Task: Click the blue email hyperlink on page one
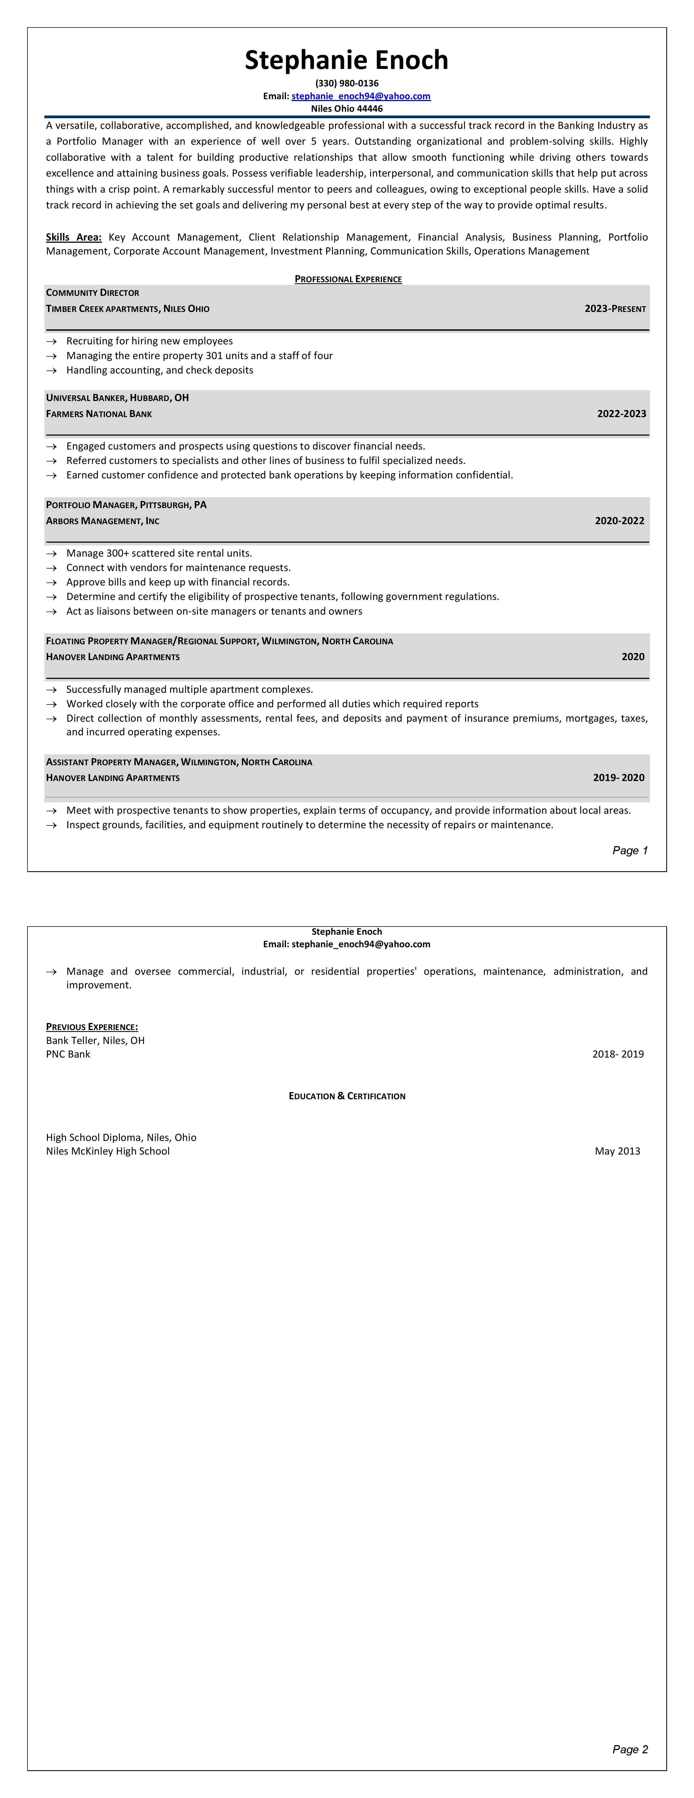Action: click(361, 96)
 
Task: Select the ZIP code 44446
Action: click(370, 109)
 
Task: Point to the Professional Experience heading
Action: click(348, 279)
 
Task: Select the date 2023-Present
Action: click(615, 308)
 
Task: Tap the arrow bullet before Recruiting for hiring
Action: click(52, 341)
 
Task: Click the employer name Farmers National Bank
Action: click(99, 414)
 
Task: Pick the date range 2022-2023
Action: click(621, 414)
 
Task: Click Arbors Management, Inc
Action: click(103, 521)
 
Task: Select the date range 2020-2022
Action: click(619, 521)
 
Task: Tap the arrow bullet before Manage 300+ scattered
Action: click(52, 554)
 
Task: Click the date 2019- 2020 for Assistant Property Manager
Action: click(619, 777)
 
